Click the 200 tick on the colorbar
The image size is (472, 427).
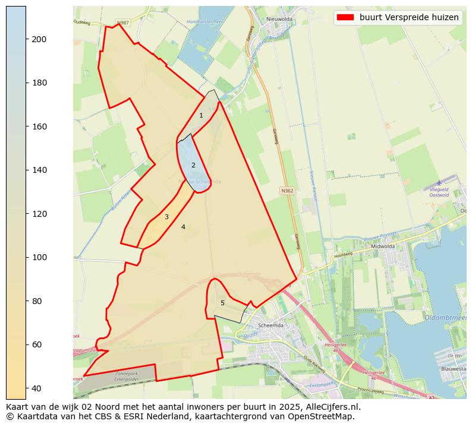click(x=26, y=39)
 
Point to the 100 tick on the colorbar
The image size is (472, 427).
click(x=26, y=257)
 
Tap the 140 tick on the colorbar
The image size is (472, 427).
click(x=26, y=170)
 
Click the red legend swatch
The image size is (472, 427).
click(x=345, y=18)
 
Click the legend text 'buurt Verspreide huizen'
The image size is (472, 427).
click(x=409, y=18)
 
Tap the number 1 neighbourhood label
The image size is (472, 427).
click(x=201, y=115)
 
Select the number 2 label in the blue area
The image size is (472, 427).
click(x=193, y=165)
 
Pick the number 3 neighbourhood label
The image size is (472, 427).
click(x=166, y=217)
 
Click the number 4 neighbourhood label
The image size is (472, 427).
click(x=183, y=227)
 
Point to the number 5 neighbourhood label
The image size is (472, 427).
click(x=223, y=303)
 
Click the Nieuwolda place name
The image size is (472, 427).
click(x=280, y=19)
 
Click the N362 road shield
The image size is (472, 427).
click(x=287, y=191)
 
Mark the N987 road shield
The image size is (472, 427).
click(x=122, y=23)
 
